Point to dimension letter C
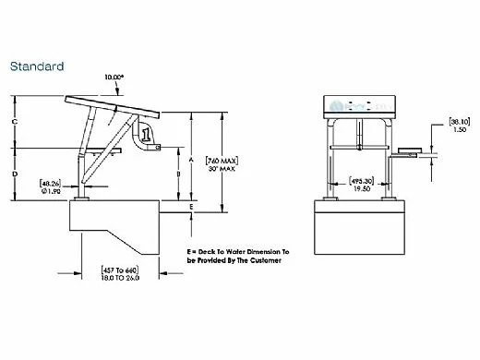[15, 122]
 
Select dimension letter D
[15, 173]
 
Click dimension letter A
[190, 159]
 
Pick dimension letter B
[177, 174]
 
